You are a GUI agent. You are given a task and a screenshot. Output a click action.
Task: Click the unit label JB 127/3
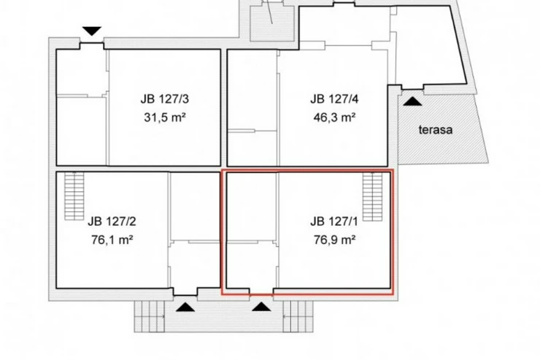coord(165,99)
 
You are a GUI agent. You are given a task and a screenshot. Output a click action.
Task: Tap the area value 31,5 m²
coord(165,118)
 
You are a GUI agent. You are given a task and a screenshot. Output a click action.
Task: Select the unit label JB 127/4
coord(334,99)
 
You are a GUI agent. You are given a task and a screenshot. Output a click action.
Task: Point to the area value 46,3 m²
coord(334,118)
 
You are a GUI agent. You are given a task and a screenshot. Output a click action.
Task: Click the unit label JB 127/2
coord(112,221)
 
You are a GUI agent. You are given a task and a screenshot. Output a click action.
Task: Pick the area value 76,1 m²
coord(112,239)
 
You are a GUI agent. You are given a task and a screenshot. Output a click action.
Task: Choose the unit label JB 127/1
coord(333,221)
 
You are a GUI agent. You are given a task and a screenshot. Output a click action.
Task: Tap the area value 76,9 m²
coord(334,239)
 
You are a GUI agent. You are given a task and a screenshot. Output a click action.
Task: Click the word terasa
coord(436,130)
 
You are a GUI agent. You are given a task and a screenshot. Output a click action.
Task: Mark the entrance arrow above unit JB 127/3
coord(92,31)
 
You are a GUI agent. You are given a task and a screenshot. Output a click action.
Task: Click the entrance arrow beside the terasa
coord(412,102)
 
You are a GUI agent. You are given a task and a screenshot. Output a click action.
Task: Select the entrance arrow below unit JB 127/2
coord(185,307)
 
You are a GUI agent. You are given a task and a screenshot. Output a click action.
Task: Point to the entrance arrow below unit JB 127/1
coord(261,307)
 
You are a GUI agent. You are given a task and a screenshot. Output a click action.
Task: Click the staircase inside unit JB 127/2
coord(74,196)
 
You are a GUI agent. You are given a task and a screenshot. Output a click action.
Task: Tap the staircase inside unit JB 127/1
coord(373,196)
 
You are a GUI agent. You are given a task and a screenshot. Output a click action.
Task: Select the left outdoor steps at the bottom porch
coord(150,317)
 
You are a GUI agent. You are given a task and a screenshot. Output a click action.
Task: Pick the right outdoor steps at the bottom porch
coord(298,317)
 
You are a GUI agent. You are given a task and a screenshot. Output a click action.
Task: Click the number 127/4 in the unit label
coord(344,99)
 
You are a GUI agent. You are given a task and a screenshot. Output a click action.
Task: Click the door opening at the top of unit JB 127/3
coord(92,45)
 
